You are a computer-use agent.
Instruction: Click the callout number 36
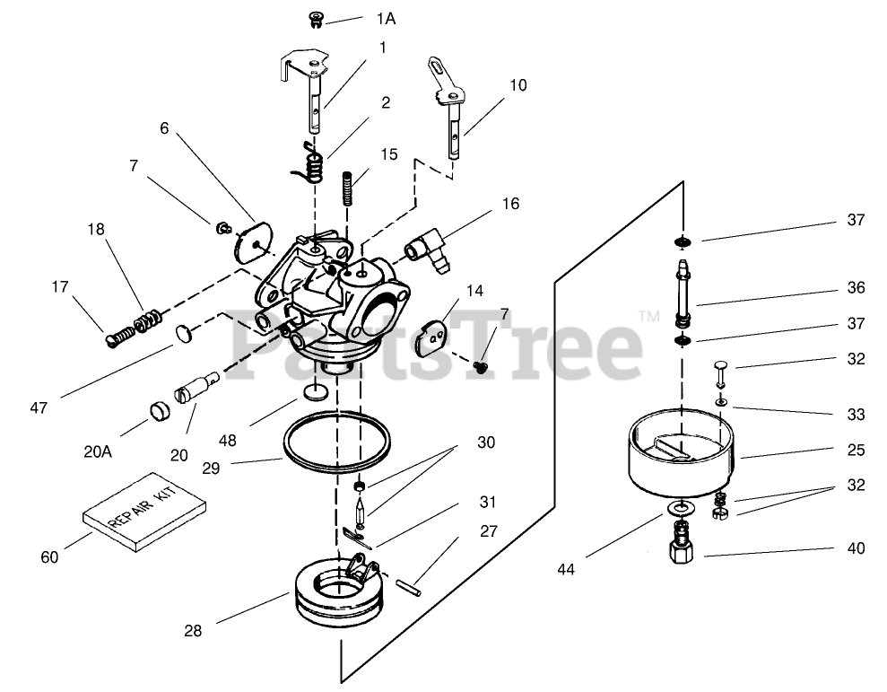[x=856, y=288]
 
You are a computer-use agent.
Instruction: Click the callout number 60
[x=49, y=557]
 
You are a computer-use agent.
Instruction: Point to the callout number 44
[x=566, y=568]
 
